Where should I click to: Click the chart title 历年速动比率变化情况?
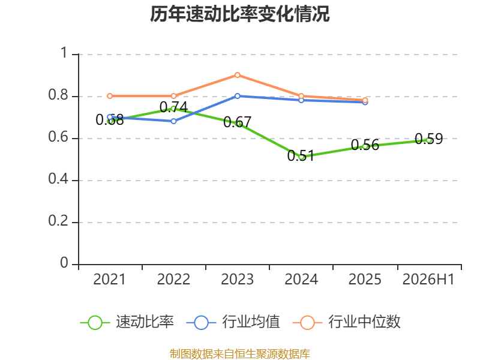tap(239, 14)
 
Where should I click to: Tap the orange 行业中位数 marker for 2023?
tap(237, 75)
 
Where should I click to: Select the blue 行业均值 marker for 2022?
tap(173, 121)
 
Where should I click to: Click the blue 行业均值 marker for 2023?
tap(237, 96)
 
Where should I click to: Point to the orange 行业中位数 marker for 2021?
tap(110, 96)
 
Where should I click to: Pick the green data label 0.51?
tap(301, 155)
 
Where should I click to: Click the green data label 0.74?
tap(173, 107)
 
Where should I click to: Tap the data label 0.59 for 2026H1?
tap(428, 139)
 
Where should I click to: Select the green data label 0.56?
tap(365, 145)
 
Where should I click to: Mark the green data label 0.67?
tap(237, 122)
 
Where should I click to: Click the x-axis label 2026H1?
tap(428, 279)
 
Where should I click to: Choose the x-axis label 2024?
tap(301, 279)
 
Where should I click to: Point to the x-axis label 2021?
tap(110, 279)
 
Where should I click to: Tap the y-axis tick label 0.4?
tap(58, 179)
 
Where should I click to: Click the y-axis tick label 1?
tap(64, 53)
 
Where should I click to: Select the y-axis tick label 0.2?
tap(58, 221)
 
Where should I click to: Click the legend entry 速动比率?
tap(127, 322)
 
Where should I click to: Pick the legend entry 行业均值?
tap(233, 322)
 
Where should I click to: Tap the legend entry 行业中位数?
tap(347, 322)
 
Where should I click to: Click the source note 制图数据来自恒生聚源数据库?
tap(239, 354)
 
